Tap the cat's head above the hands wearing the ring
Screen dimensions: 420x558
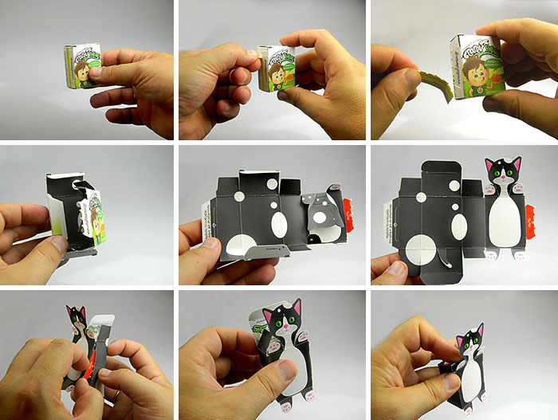pyautogui.click(x=77, y=320)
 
